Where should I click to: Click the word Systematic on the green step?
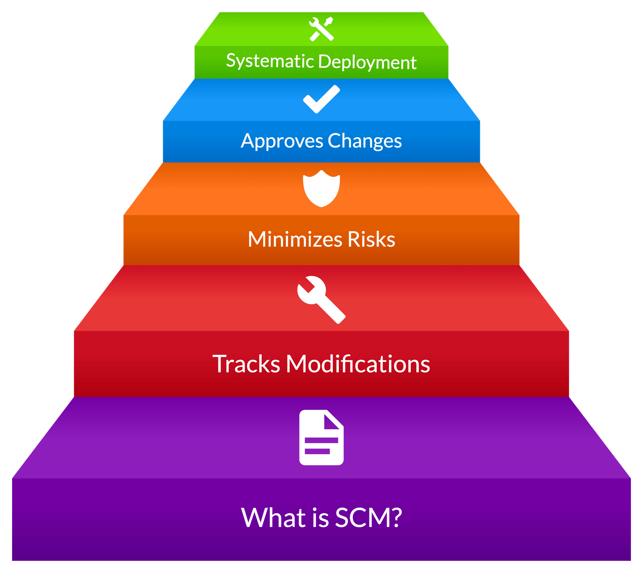click(270, 61)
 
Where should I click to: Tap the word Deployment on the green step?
click(367, 62)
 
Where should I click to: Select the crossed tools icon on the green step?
click(321, 29)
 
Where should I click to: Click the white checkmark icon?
click(321, 99)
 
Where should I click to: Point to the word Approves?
click(282, 141)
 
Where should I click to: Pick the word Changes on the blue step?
click(365, 141)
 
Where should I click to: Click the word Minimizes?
click(295, 239)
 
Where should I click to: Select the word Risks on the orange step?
click(371, 239)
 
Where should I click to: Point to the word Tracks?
click(246, 364)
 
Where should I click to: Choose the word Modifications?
click(358, 364)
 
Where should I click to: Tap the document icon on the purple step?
click(321, 438)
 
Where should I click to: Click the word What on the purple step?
click(273, 518)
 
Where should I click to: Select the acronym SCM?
click(362, 518)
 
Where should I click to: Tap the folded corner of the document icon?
click(333, 419)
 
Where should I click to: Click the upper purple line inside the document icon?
click(321, 440)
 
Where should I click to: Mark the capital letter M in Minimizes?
click(258, 239)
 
